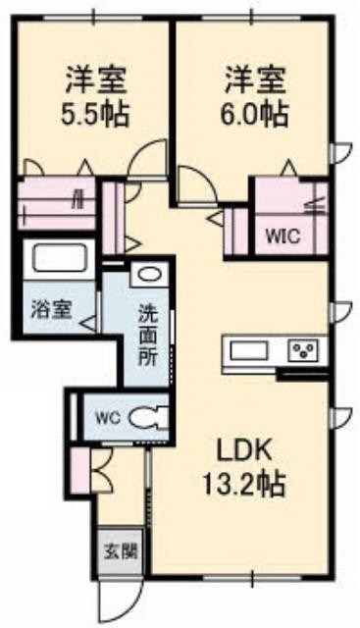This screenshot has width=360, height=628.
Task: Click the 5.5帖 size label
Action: (x=96, y=110)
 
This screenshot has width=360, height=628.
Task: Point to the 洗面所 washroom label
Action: (x=146, y=334)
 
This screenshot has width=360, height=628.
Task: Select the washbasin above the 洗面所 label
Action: (x=150, y=275)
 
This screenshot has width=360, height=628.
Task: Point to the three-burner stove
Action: (x=305, y=350)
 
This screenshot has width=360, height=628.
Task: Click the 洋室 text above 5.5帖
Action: (x=96, y=76)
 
